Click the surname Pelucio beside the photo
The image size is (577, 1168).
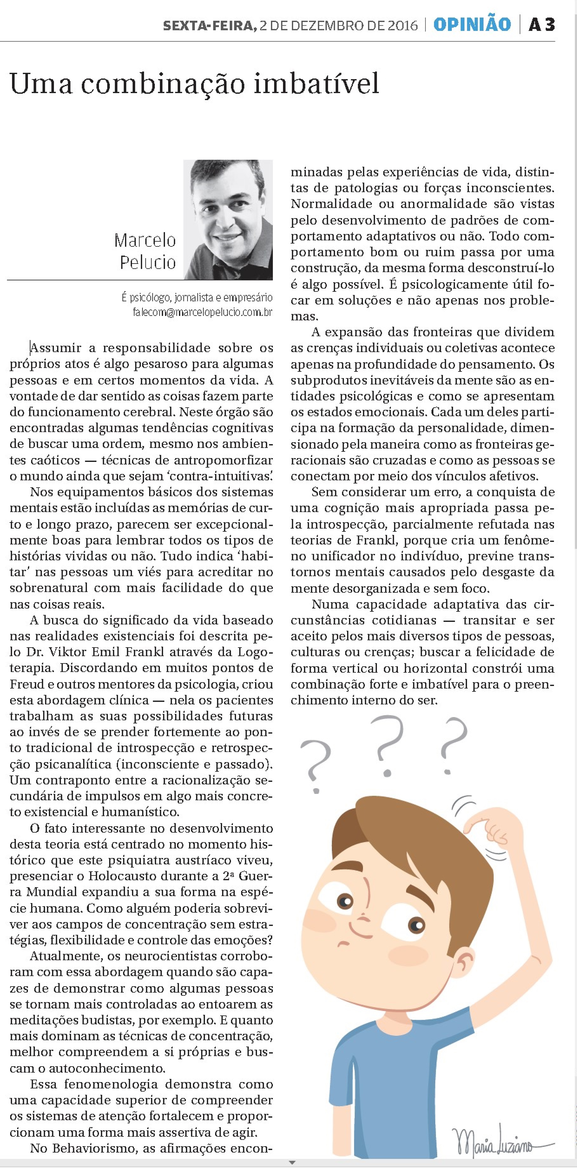point(148,263)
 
